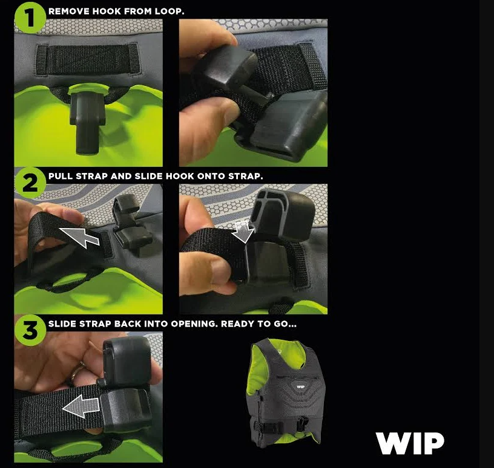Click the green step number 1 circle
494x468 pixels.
[x=30, y=18]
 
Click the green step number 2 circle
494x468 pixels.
[x=30, y=183]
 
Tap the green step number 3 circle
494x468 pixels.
[x=30, y=331]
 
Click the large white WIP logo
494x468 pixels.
[x=410, y=443]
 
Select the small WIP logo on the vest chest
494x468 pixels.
[x=300, y=387]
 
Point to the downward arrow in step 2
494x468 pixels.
[x=243, y=232]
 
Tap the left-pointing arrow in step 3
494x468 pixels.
[x=81, y=406]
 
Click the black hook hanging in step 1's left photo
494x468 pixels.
[x=87, y=121]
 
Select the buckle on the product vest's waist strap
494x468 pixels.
[x=303, y=423]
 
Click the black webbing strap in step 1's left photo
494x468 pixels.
[x=88, y=60]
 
